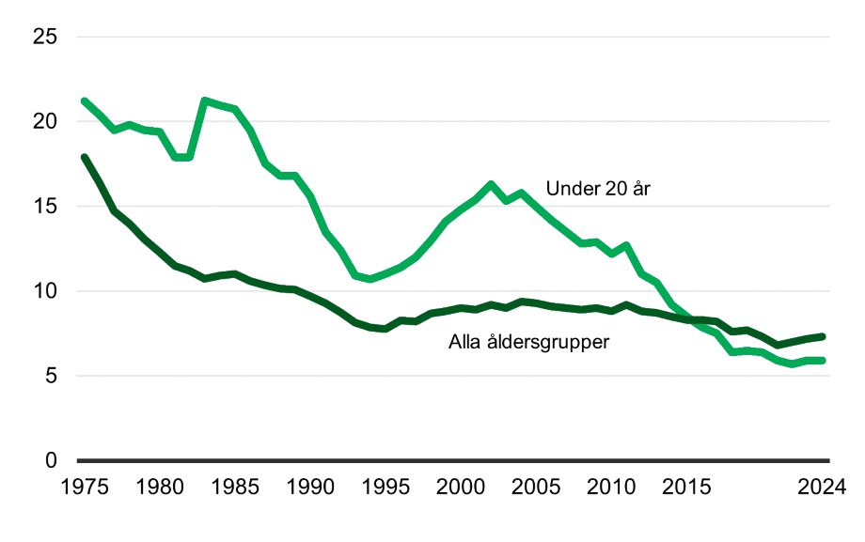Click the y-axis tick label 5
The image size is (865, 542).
pyautogui.click(x=51, y=376)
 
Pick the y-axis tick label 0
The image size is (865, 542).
pyautogui.click(x=51, y=461)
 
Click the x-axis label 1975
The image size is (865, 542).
pyautogui.click(x=84, y=488)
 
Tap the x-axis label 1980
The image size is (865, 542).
pyautogui.click(x=160, y=488)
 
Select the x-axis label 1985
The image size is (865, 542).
pyautogui.click(x=235, y=488)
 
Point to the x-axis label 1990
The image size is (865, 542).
pyautogui.click(x=310, y=488)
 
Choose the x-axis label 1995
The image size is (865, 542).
pyautogui.click(x=385, y=488)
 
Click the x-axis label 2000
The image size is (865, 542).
pyautogui.click(x=461, y=488)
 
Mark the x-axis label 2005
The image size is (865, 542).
pyautogui.click(x=536, y=488)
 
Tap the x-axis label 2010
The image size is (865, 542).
pyautogui.click(x=612, y=488)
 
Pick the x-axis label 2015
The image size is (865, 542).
pyautogui.click(x=687, y=488)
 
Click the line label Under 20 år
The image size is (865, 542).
pyautogui.click(x=598, y=189)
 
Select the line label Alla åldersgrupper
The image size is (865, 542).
pyautogui.click(x=529, y=342)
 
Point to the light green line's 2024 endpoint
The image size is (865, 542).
pyautogui.click(x=823, y=361)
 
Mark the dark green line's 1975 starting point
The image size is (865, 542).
pyautogui.click(x=85, y=158)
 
